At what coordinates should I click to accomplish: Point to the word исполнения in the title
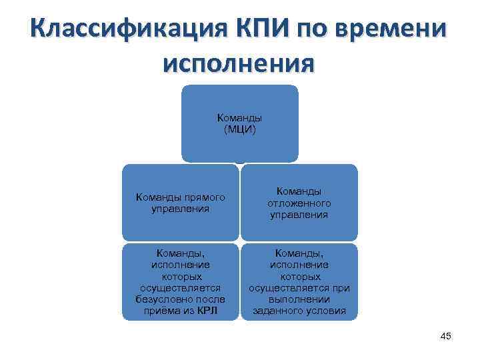pos(239,63)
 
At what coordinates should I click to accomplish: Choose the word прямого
pos(203,197)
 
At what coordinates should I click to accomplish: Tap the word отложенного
pos(299,203)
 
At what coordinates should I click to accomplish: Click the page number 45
pos(446,337)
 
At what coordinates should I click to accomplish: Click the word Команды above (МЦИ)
pos(239,117)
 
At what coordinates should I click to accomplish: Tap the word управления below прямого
pos(180,208)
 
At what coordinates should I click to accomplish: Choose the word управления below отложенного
pos(299,215)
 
